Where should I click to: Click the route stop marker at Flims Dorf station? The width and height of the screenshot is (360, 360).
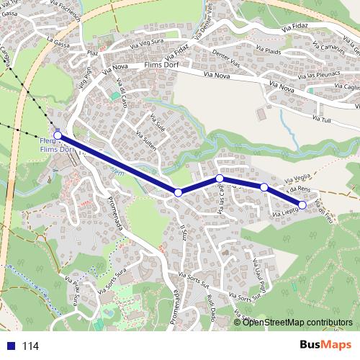[x=58, y=135]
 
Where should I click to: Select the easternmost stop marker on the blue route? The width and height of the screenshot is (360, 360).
[x=302, y=205]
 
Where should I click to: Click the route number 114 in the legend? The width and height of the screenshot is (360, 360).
[x=30, y=346]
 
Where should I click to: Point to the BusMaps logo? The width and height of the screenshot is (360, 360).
[x=326, y=346]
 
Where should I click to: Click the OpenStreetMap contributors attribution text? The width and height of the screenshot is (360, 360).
[x=297, y=322]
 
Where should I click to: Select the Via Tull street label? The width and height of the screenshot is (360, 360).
[x=321, y=119]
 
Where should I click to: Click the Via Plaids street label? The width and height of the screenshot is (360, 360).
[x=269, y=53]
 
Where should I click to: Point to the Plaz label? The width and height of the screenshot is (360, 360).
[x=92, y=53]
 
